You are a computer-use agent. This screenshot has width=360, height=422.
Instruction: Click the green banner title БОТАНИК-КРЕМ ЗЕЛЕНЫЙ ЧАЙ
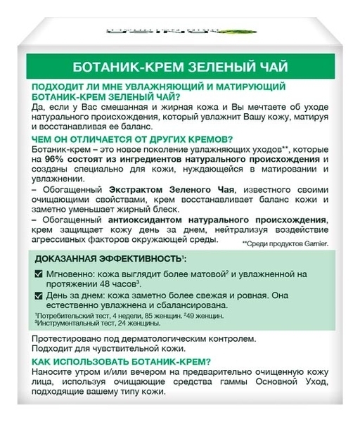[x=180, y=69]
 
